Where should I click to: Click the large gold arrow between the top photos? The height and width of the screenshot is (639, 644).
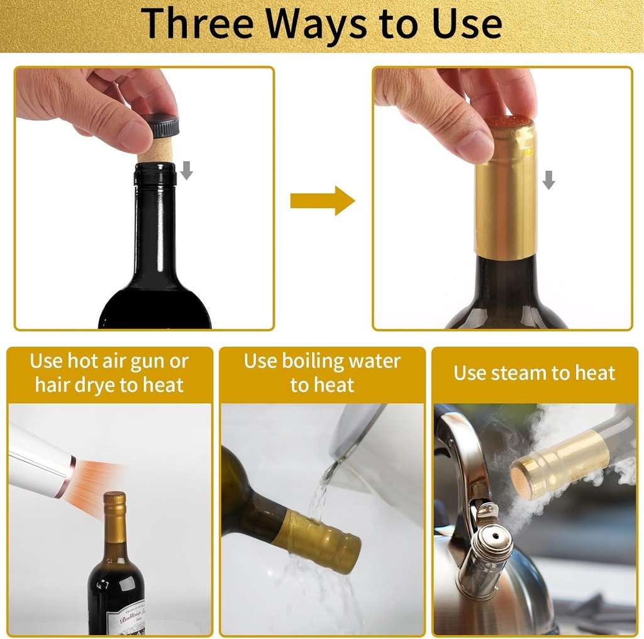pyautogui.click(x=323, y=201)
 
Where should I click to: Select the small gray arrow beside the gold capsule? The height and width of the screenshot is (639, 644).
pyautogui.click(x=548, y=179)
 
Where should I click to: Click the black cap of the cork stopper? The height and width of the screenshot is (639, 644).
pyautogui.click(x=163, y=126)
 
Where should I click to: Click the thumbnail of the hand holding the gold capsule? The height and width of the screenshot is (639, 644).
pyautogui.click(x=502, y=198)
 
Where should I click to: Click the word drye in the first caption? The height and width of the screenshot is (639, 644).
pyautogui.click(x=95, y=385)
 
